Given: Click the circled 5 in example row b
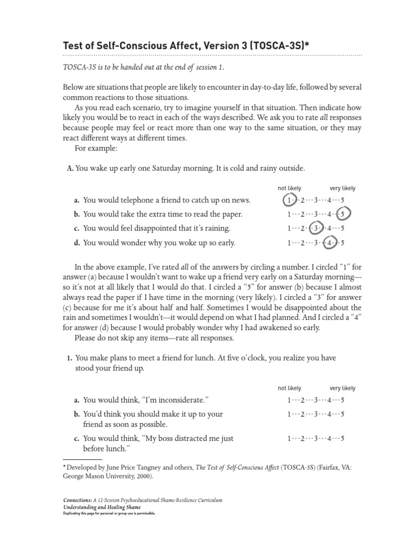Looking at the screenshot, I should coord(343,214).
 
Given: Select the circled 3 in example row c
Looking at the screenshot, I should coord(315,228).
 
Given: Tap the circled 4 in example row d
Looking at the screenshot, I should coord(329,242).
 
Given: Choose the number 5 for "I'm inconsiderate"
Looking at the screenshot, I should coord(343,400).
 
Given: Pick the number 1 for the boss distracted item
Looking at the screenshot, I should coord(289,439).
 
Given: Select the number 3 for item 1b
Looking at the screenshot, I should coord(315,414).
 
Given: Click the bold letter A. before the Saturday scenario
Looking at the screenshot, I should coord(70,168).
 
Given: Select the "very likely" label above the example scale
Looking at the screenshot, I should coord(342,188).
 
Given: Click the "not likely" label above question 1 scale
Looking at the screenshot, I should coord(289,388).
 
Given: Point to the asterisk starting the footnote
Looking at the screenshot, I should coord(64,468).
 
